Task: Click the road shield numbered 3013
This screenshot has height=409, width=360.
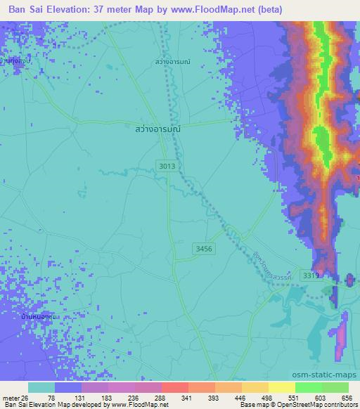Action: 167,165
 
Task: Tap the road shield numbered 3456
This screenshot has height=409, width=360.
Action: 202,249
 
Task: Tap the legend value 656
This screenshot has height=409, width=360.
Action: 347,397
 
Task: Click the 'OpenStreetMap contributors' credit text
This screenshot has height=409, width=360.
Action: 316,405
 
